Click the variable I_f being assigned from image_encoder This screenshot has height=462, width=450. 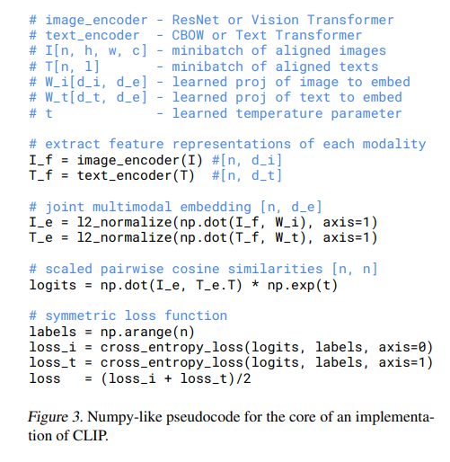click(x=40, y=160)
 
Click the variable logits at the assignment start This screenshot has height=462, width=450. click(x=52, y=285)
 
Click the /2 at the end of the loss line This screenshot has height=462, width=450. click(x=243, y=379)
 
